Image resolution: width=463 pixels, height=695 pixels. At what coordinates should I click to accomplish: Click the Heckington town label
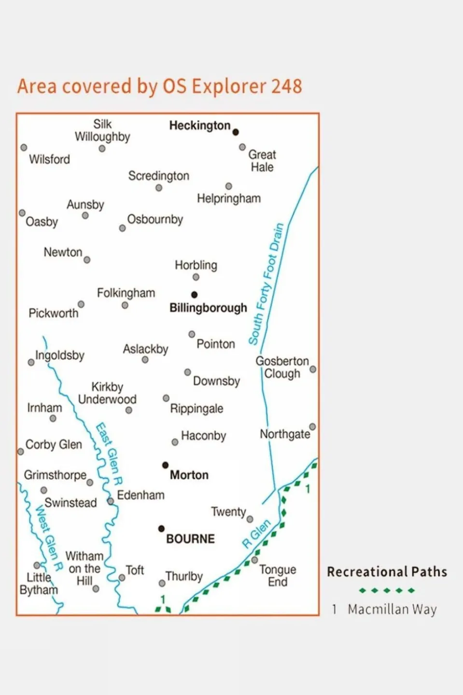[199, 126]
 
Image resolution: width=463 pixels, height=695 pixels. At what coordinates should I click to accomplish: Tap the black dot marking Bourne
[161, 528]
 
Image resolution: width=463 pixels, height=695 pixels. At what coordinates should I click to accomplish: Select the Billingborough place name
[208, 308]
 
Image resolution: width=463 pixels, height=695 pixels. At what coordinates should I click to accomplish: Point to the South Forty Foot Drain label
[266, 284]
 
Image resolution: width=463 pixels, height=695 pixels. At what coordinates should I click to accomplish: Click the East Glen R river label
[109, 454]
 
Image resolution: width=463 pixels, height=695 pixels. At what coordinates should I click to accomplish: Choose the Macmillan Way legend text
[392, 610]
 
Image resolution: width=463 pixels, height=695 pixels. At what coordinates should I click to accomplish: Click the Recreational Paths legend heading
[387, 572]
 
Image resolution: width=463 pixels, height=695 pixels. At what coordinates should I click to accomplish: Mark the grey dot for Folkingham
[125, 305]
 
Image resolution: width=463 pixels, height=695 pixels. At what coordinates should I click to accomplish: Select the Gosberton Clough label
[282, 368]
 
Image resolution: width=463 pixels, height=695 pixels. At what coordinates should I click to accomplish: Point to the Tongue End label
[278, 576]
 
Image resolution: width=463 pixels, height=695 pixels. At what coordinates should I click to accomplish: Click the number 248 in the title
[286, 86]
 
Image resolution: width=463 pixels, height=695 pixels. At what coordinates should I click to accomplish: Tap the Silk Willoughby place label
[102, 130]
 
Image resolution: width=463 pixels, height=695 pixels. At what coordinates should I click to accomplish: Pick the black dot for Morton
[165, 465]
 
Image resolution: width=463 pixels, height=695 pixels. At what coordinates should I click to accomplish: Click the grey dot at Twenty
[250, 519]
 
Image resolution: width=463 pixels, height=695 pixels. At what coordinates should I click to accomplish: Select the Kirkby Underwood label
[107, 393]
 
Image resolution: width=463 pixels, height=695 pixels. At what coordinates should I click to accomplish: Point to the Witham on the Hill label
[84, 568]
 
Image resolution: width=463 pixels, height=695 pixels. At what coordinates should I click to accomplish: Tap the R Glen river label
[256, 534]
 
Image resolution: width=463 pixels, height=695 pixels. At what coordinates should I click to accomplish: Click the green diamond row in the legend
[387, 590]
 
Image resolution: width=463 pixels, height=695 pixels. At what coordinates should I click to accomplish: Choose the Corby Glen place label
[54, 444]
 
